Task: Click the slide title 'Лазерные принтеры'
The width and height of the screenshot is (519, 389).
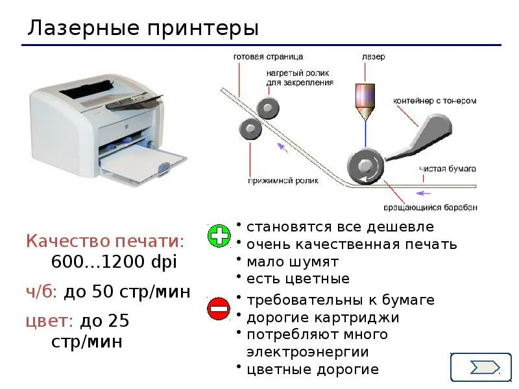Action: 143,29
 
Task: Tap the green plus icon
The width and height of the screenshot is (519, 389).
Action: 219,236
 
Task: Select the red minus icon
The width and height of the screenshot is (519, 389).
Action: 219,309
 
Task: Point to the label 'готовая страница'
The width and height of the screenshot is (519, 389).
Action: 268,57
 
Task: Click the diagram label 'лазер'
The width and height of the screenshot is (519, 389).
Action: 373,57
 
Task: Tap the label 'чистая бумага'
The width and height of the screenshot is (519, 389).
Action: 448,169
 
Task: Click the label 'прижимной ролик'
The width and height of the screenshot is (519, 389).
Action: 284,181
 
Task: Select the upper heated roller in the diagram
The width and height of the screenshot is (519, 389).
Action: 268,107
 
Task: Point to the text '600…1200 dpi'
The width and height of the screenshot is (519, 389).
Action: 114,262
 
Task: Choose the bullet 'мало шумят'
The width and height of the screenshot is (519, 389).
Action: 293,262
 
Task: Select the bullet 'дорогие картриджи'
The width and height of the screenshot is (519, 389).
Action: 322,318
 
